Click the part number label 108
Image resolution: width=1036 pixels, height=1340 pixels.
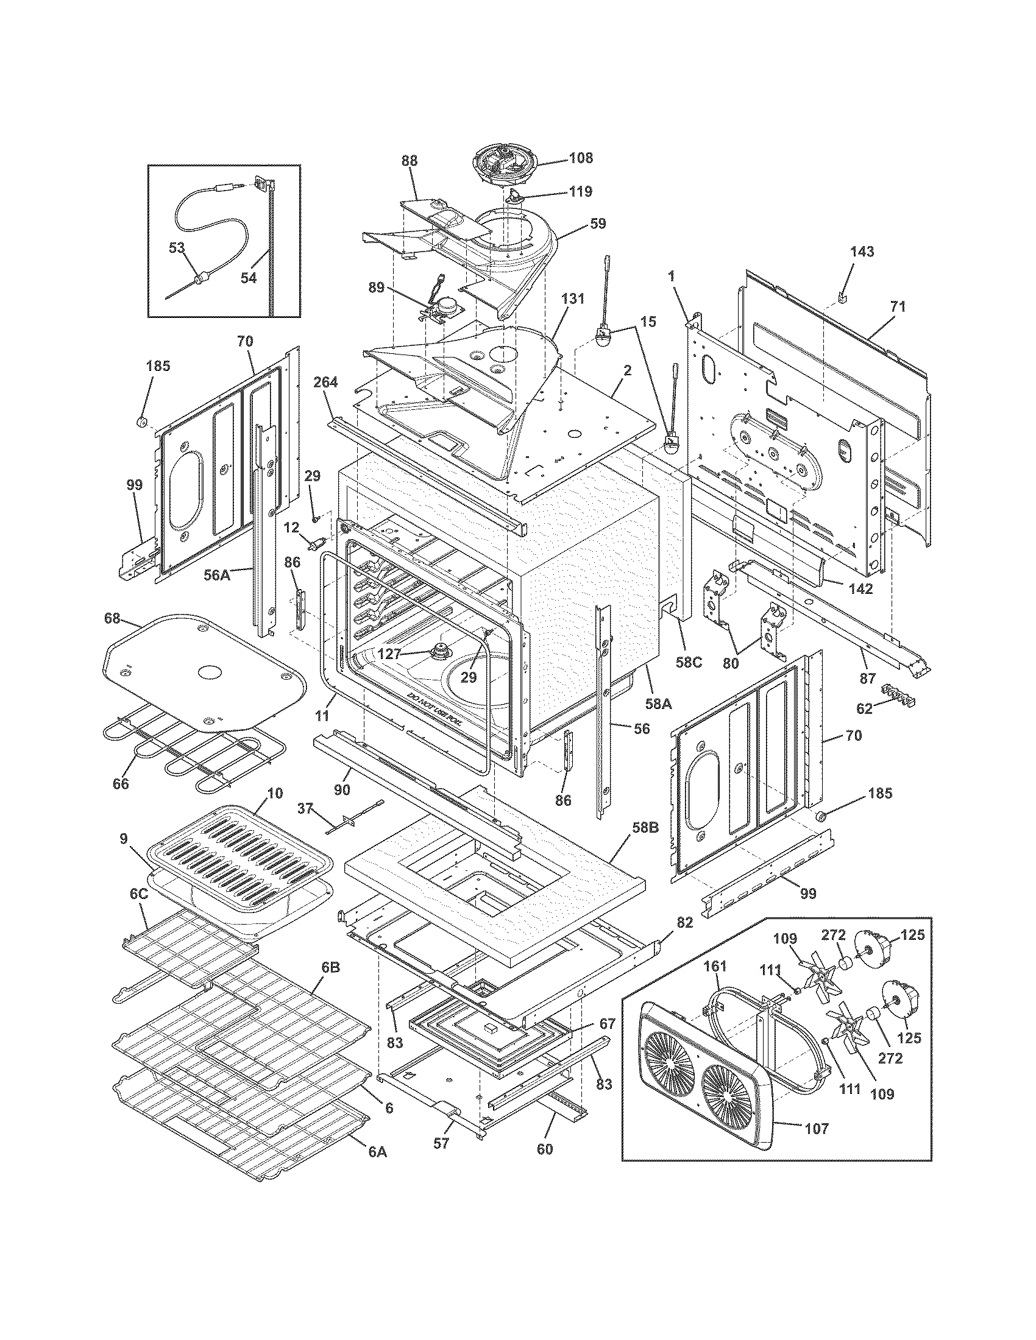click(x=581, y=158)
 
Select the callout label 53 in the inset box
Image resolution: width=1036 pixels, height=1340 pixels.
click(x=177, y=248)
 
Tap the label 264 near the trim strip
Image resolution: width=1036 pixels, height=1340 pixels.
click(x=325, y=383)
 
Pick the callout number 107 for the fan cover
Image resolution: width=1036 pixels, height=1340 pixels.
click(x=816, y=1128)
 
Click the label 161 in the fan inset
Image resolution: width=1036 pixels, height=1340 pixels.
click(x=714, y=967)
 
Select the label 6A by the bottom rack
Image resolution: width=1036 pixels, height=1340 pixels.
click(x=378, y=1152)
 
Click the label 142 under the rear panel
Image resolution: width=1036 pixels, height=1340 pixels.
click(x=860, y=588)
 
